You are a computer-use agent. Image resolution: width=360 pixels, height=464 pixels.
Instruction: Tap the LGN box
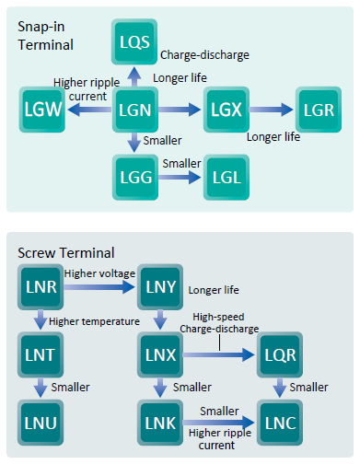coord(134,111)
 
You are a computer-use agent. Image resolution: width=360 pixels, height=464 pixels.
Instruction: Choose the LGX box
coord(226,111)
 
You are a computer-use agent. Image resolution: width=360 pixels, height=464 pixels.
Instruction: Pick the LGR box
coord(319,111)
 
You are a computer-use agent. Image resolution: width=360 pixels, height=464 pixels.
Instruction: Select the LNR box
coord(41,287)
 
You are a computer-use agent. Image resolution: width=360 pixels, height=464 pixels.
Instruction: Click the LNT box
coord(41,354)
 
